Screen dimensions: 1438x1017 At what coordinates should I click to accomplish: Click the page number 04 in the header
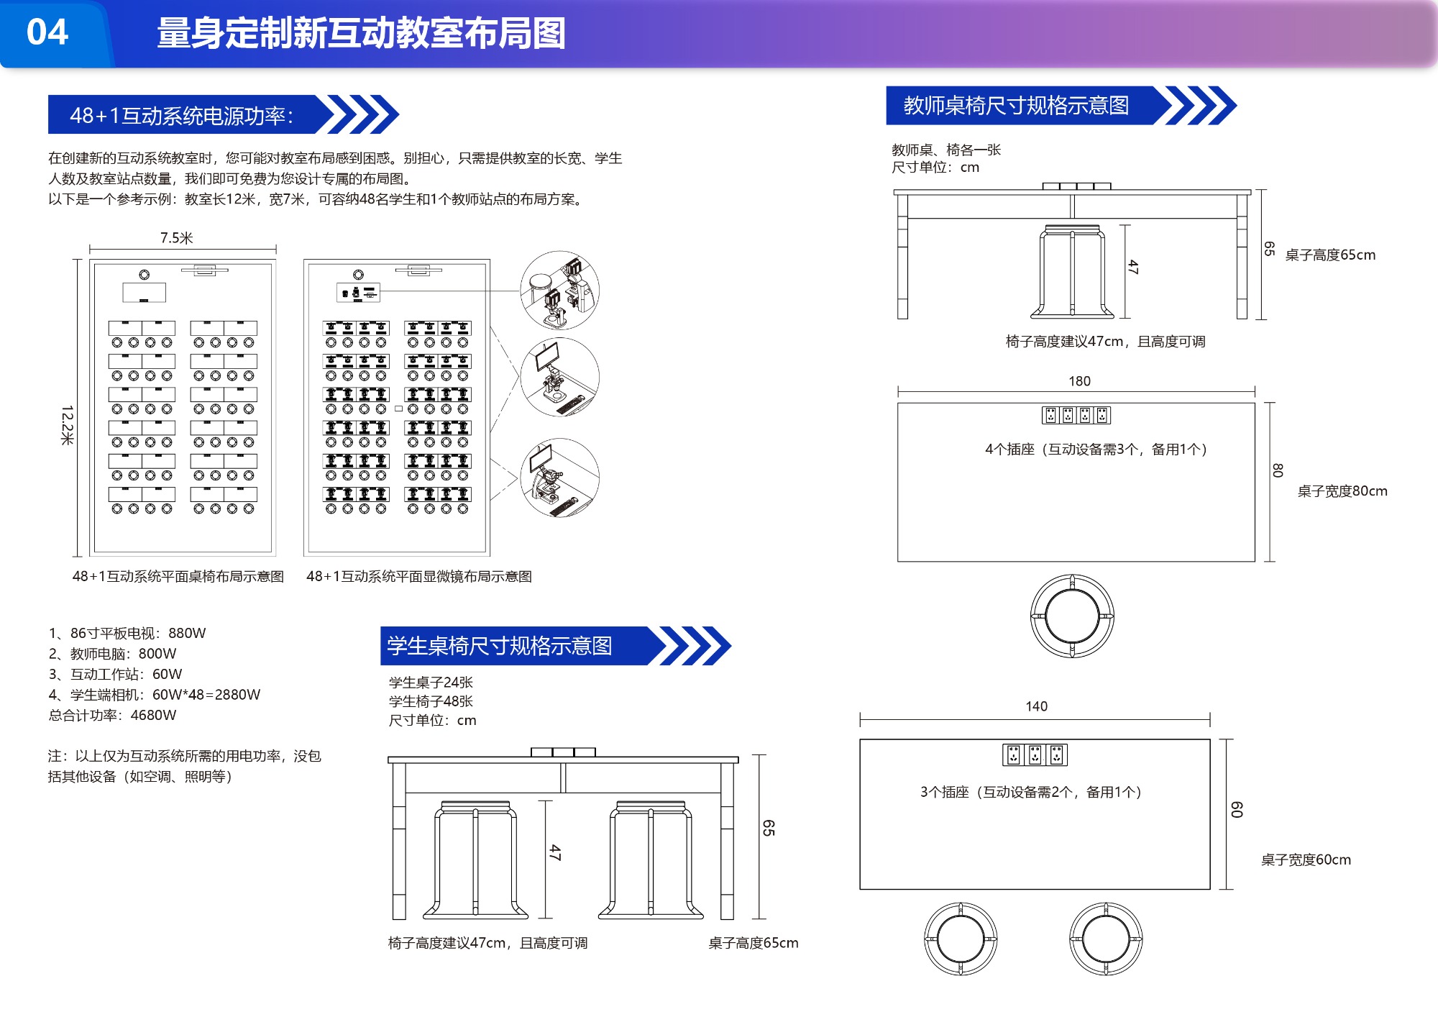[x=47, y=32]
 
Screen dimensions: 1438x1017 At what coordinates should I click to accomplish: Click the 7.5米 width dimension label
[x=176, y=238]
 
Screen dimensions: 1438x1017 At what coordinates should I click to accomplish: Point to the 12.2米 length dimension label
[x=68, y=425]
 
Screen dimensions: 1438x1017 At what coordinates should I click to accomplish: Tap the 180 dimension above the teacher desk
[x=1079, y=381]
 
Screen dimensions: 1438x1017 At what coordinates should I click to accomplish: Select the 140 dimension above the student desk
[x=1036, y=706]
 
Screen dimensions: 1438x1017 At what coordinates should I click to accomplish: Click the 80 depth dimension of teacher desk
[x=1278, y=470]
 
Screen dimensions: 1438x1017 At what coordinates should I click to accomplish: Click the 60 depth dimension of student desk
[x=1237, y=810]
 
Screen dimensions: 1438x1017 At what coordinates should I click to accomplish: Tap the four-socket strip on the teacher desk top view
[x=1076, y=415]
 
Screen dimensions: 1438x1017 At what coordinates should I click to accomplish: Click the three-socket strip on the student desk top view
[x=1035, y=754]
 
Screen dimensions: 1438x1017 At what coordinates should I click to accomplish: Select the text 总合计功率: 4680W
[x=112, y=715]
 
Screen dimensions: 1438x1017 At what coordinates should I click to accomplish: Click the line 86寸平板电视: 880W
[x=127, y=633]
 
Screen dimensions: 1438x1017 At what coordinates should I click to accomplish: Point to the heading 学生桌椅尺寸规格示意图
[x=500, y=646]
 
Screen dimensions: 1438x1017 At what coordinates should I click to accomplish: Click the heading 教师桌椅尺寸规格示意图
[x=1016, y=106]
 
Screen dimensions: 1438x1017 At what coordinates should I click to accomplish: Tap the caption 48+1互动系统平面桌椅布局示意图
[x=178, y=576]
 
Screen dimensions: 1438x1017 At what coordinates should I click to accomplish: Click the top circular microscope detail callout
[x=559, y=291]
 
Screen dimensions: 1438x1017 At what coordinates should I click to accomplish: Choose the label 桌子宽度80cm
[x=1342, y=491]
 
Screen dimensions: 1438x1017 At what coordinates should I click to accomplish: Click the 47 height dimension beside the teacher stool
[x=1133, y=267]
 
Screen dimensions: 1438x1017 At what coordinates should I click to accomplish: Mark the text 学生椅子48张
[x=431, y=701]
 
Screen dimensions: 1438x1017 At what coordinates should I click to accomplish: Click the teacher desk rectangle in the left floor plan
[x=144, y=292]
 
